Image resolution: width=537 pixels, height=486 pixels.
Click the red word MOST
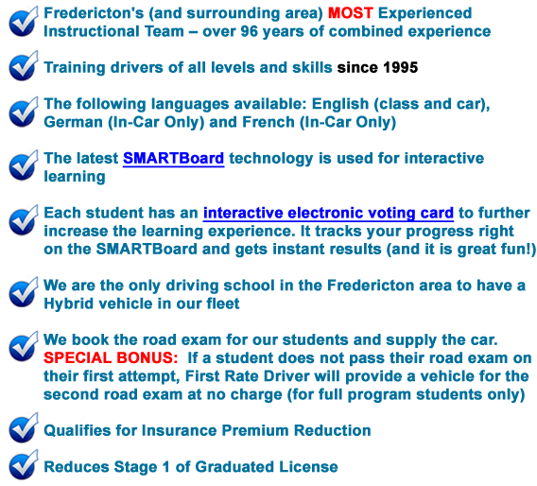[351, 13]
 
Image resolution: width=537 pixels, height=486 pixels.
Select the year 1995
[401, 67]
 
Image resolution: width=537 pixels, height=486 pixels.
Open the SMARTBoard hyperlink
[173, 159]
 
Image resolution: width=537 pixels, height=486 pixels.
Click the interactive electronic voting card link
[328, 213]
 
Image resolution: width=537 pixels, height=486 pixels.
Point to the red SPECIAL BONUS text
[111, 358]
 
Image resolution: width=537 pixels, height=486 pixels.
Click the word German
[74, 122]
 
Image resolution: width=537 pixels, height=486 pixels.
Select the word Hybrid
[68, 304]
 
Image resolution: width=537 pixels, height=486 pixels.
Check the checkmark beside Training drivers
[24, 66]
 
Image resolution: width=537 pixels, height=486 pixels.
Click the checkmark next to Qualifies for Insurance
[24, 428]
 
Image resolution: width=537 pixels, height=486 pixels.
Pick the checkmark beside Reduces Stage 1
[24, 465]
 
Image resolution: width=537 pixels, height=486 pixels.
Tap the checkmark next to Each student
[24, 220]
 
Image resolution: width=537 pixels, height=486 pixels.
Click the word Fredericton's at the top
[94, 13]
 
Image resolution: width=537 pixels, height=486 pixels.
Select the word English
[340, 104]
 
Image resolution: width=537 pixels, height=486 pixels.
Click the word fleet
[222, 304]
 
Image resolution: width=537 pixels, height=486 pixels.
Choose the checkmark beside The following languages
[24, 113]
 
